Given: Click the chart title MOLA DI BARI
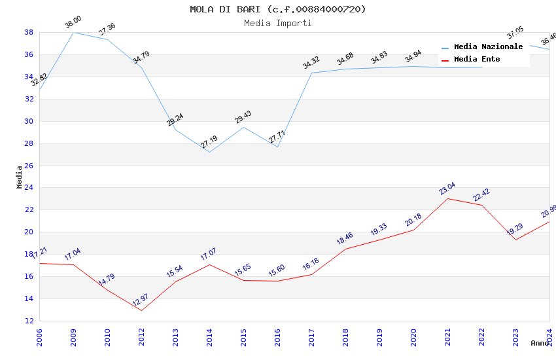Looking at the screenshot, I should click(x=278, y=9).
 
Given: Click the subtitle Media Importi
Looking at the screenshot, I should click(x=278, y=23).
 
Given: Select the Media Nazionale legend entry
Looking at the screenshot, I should click(x=488, y=47).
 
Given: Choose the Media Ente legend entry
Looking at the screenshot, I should click(x=477, y=60).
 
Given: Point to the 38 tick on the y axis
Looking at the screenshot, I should click(x=29, y=32).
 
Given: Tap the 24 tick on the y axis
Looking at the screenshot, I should click(x=29, y=188).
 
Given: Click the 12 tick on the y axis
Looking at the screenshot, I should click(x=29, y=321).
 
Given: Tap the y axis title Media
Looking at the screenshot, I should click(x=20, y=177).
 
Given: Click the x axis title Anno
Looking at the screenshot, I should click(x=540, y=343).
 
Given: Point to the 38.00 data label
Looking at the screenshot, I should click(x=73, y=24).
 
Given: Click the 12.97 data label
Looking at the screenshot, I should click(x=141, y=300).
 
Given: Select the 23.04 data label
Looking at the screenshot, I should click(x=448, y=189).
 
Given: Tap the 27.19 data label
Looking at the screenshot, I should click(x=209, y=142).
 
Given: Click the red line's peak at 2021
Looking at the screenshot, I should click(x=448, y=198).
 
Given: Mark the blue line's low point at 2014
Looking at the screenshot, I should click(x=209, y=153).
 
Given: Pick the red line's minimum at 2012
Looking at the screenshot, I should click(x=141, y=310).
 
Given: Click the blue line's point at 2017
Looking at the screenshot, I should click(x=311, y=73).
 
